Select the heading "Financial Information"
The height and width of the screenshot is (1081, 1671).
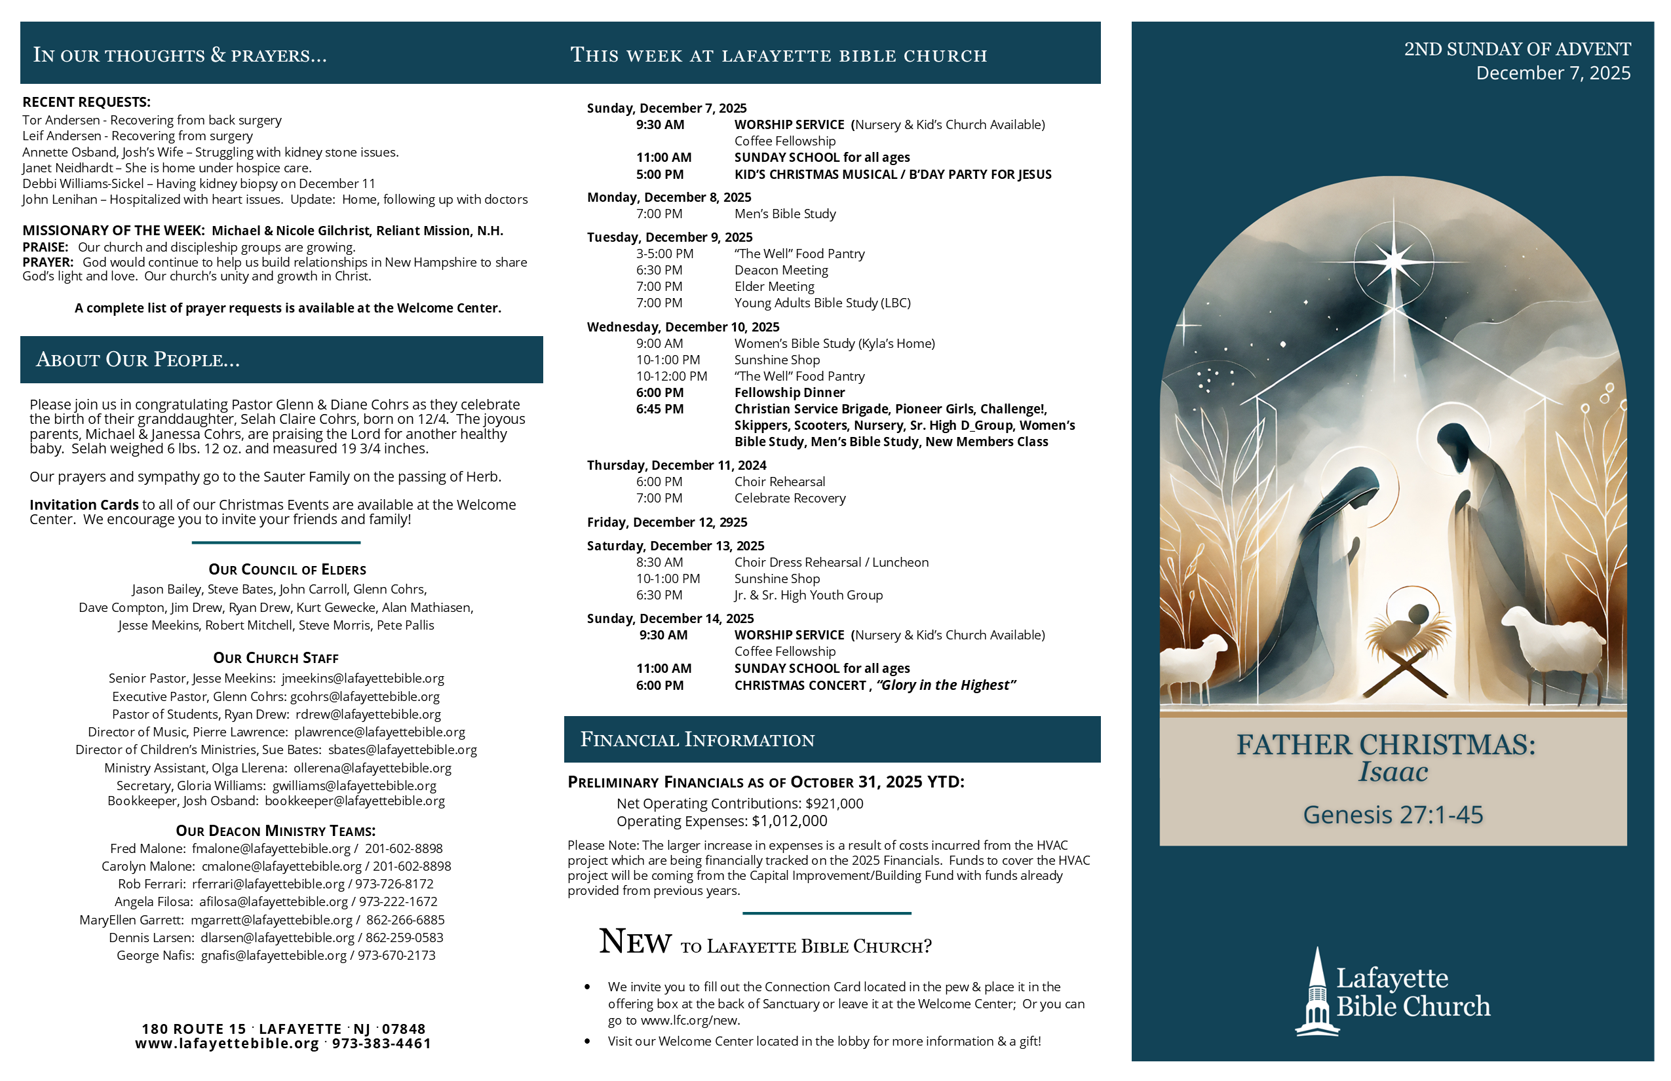[697, 740]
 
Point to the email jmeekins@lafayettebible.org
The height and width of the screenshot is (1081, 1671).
[363, 678]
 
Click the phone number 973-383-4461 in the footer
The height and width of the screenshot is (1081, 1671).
[381, 1044]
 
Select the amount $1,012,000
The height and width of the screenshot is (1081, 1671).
[789, 822]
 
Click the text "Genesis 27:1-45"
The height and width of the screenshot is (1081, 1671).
[1393, 815]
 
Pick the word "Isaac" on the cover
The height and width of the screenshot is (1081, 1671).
[1393, 772]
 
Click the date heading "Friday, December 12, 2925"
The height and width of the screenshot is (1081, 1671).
[667, 522]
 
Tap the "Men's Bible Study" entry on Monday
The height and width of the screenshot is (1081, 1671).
[785, 214]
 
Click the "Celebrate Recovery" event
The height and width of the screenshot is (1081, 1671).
[790, 499]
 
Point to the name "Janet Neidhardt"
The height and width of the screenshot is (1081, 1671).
[67, 168]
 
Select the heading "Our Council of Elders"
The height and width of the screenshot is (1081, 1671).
[287, 570]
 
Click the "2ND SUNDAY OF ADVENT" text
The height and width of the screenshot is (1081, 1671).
[1516, 49]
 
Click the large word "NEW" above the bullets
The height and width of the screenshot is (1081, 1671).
[635, 942]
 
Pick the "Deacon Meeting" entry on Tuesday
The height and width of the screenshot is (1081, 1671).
[780, 270]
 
